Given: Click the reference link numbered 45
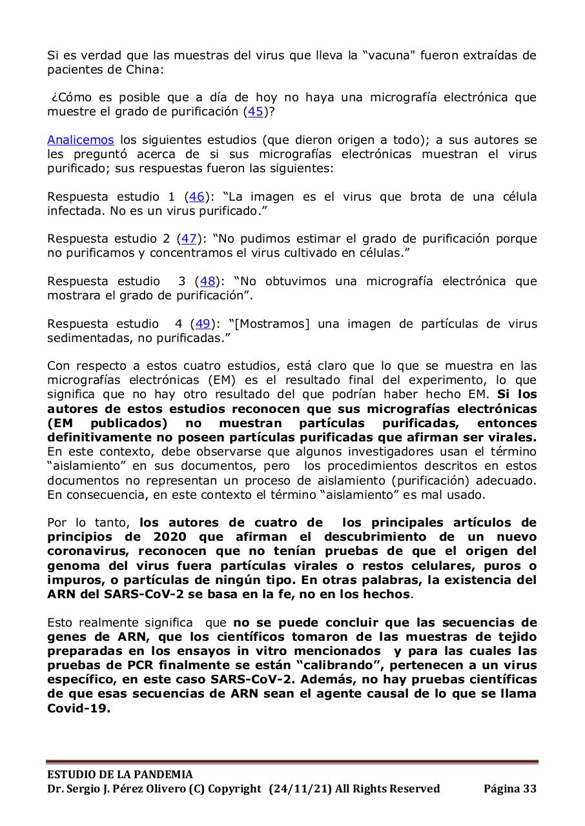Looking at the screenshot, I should [256, 112].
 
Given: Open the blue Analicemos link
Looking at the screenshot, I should [80, 140].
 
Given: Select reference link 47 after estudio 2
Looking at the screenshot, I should [189, 239].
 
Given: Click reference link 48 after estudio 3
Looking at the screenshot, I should [207, 281].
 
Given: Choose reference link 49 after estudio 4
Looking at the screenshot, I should [203, 324].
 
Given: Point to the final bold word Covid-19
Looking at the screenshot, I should [78, 708].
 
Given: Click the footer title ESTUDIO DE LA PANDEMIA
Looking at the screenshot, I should [119, 774].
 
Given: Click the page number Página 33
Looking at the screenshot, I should [509, 789].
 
